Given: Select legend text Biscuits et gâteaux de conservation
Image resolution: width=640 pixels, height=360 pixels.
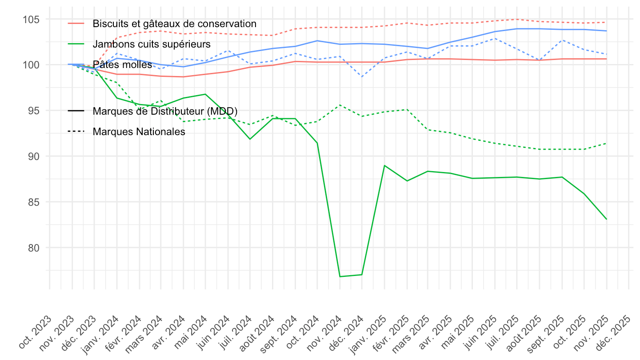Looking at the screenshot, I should pos(175,24).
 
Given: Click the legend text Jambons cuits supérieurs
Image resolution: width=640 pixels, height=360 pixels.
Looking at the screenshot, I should pos(152,44).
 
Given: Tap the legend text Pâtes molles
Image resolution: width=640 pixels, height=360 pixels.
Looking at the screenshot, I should pos(123,65).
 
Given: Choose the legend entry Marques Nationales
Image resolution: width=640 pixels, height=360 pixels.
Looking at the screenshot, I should pos(139,132).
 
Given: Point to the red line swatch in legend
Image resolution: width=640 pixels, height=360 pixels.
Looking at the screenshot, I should pos(76,24).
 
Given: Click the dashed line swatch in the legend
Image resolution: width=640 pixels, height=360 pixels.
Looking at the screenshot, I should pos(76,132).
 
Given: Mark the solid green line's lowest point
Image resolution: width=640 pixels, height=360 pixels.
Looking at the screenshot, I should pos(340,276).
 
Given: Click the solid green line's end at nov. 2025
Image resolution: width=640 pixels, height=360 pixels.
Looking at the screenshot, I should pos(607,219).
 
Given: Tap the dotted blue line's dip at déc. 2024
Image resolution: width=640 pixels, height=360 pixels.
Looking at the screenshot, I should pos(362,77).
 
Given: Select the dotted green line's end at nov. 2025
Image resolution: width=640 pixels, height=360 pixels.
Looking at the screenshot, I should pos(607,143).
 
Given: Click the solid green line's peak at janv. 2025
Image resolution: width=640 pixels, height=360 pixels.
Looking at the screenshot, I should pos(384,165).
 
